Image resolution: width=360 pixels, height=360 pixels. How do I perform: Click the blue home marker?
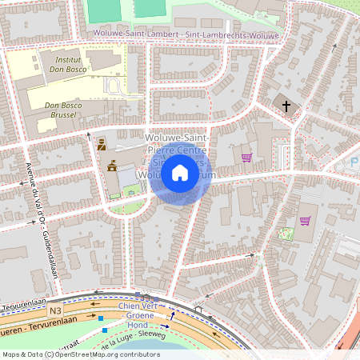[180, 172]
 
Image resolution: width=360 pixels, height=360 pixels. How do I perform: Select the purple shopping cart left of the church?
[246, 158]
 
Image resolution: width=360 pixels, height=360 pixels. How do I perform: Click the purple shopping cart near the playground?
[305, 220]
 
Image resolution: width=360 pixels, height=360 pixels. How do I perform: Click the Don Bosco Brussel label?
[64, 110]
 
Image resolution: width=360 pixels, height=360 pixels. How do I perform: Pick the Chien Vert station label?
[138, 306]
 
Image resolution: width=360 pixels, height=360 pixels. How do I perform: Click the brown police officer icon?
[102, 145]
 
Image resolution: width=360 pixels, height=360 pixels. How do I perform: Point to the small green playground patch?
[286, 234]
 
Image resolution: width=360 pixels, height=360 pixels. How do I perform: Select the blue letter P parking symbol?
[354, 162]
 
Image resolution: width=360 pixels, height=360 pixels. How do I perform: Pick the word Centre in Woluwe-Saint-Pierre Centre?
[193, 150]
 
